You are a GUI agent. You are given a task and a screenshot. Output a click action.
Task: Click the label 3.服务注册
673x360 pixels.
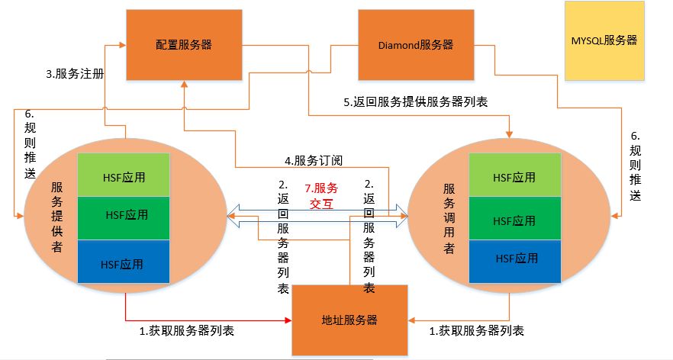74,74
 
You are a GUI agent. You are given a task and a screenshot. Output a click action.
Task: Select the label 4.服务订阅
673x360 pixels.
314,161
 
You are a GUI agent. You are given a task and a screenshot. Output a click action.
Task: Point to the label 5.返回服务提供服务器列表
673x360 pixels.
415,101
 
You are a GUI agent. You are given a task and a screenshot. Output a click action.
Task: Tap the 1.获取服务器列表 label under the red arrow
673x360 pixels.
186,331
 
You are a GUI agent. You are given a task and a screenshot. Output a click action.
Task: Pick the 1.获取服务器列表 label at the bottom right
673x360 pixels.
477,331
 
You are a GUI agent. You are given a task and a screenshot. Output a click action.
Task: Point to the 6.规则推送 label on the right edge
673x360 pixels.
635,169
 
